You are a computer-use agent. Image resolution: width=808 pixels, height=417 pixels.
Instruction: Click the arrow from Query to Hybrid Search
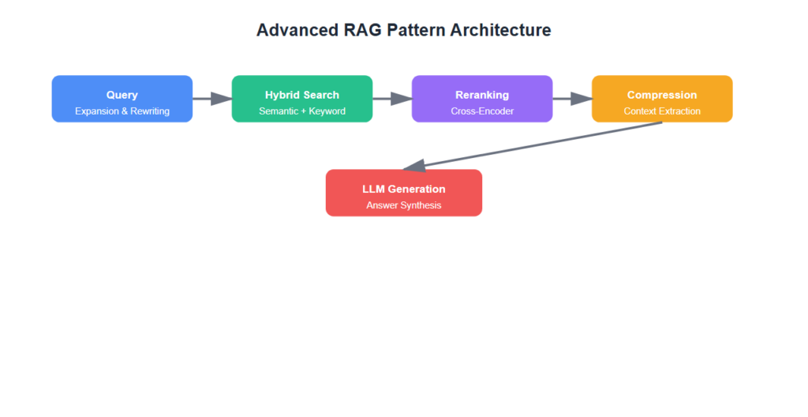point(211,99)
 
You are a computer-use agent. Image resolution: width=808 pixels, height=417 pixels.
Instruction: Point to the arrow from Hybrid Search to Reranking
point(391,99)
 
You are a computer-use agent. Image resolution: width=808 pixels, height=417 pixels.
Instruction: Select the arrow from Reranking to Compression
point(571,99)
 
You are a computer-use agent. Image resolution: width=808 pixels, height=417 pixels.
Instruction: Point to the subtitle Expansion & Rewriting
point(122,111)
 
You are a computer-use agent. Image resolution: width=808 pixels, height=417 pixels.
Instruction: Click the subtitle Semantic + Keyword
point(302,111)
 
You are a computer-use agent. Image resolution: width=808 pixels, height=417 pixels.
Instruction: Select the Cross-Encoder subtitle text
point(482,111)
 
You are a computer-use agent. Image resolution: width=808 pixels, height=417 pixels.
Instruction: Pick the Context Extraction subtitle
point(662,111)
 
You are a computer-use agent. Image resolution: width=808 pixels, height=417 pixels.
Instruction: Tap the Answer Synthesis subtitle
point(404,205)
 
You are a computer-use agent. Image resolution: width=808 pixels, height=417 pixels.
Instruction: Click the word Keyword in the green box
point(327,111)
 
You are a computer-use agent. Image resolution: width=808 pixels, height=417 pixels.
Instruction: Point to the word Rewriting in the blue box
point(149,111)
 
